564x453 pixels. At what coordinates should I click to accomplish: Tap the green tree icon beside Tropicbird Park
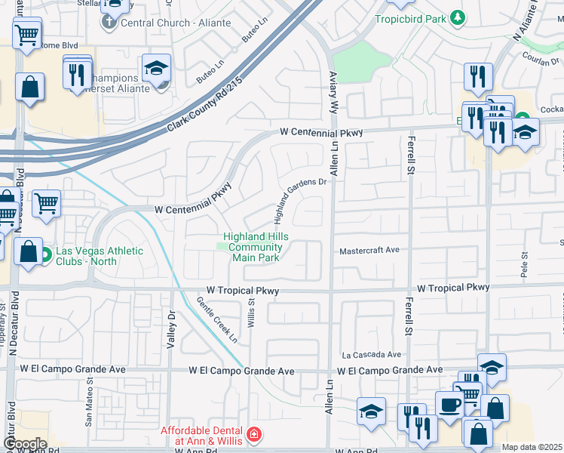[x=456, y=17]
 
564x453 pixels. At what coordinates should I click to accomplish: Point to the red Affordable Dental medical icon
[x=254, y=434]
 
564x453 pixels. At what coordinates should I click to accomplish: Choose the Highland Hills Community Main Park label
[x=254, y=247]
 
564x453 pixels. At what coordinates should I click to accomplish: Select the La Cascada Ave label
[x=372, y=354]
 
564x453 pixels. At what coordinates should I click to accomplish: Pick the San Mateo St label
[x=88, y=408]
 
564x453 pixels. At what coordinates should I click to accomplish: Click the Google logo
[x=25, y=443]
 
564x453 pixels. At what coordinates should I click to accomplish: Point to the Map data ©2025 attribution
[x=532, y=447]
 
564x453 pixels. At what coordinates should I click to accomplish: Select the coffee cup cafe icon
[x=450, y=405]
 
